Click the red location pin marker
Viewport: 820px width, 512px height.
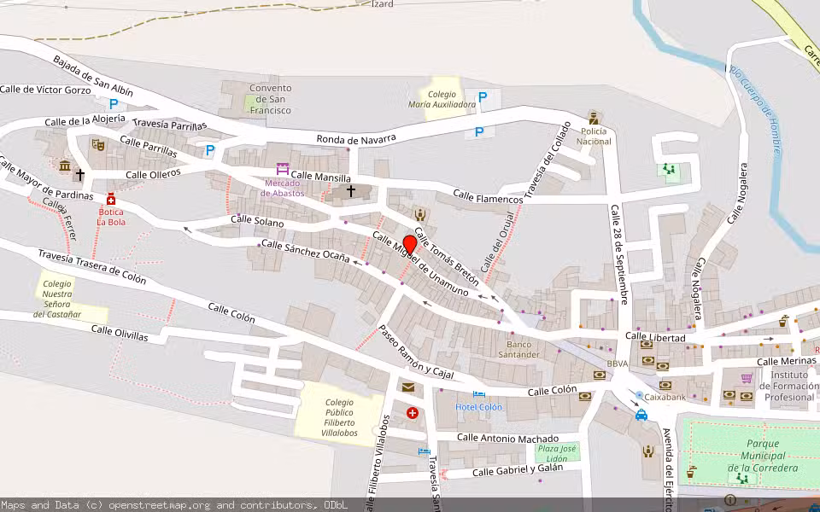coord(410,245)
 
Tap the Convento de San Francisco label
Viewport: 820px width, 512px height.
coord(270,99)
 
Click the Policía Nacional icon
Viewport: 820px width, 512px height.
coord(594,118)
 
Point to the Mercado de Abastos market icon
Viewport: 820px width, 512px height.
coord(283,169)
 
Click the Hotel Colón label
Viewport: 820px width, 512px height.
coord(478,407)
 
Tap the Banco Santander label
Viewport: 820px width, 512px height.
coord(518,349)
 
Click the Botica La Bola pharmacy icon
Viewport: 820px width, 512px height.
coord(111,199)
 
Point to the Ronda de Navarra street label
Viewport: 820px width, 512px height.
coord(356,138)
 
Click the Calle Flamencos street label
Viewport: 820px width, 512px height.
coord(488,198)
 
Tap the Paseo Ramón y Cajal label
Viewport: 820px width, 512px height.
coord(416,353)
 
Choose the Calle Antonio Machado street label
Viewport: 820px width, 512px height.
coord(507,438)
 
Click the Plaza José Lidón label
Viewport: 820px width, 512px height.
coord(557,453)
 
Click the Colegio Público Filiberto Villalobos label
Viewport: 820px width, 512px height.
coord(339,418)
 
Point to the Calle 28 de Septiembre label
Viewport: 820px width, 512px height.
coord(620,253)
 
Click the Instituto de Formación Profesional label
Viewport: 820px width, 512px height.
coord(789,386)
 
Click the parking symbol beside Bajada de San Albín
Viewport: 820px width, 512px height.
coord(114,104)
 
